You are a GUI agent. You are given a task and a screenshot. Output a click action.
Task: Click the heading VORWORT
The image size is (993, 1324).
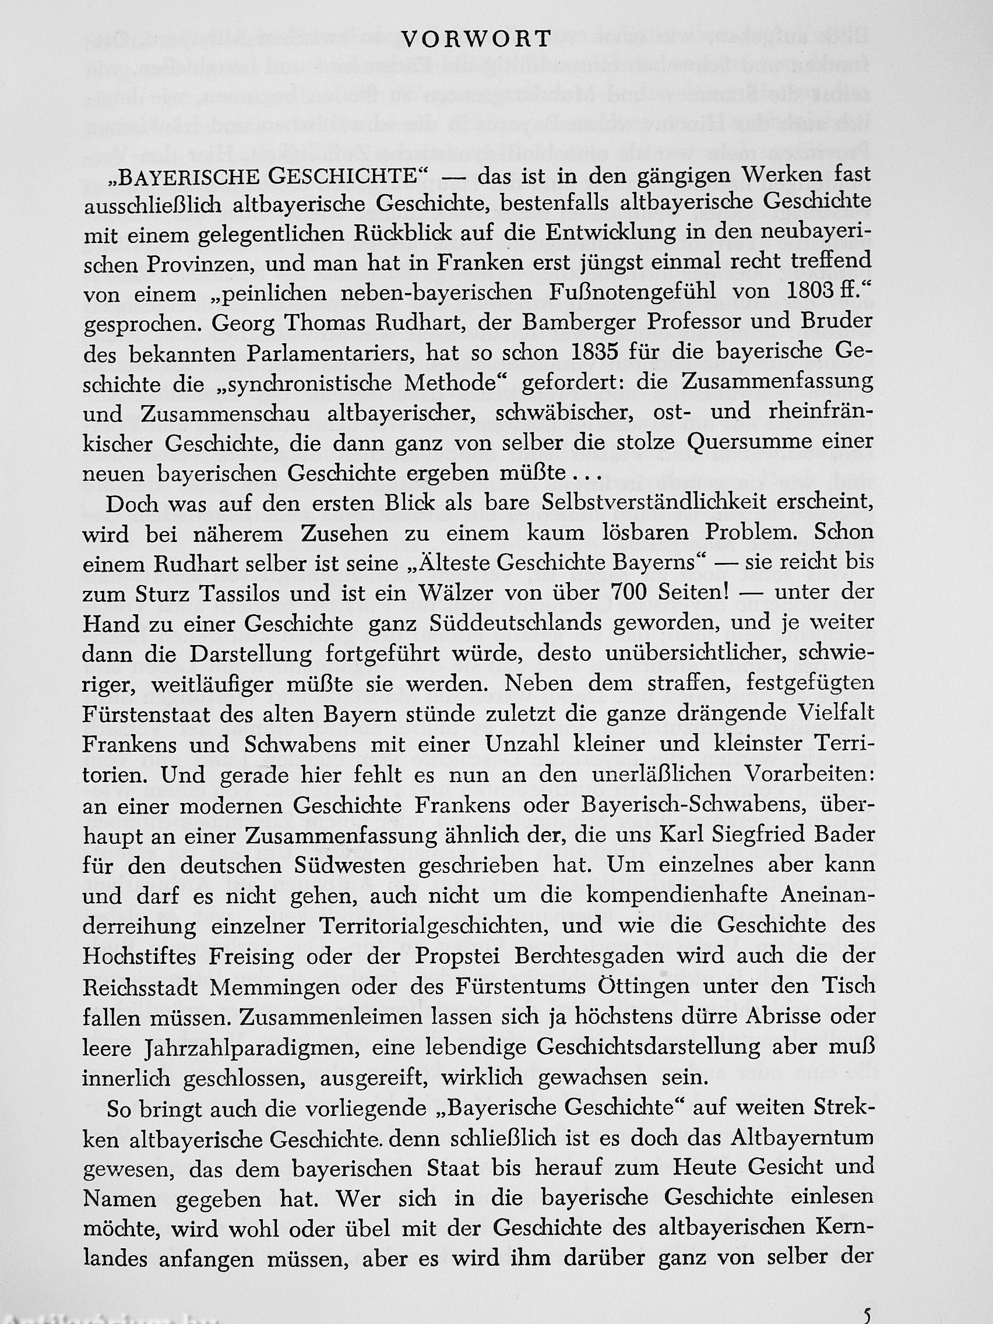[477, 40]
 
